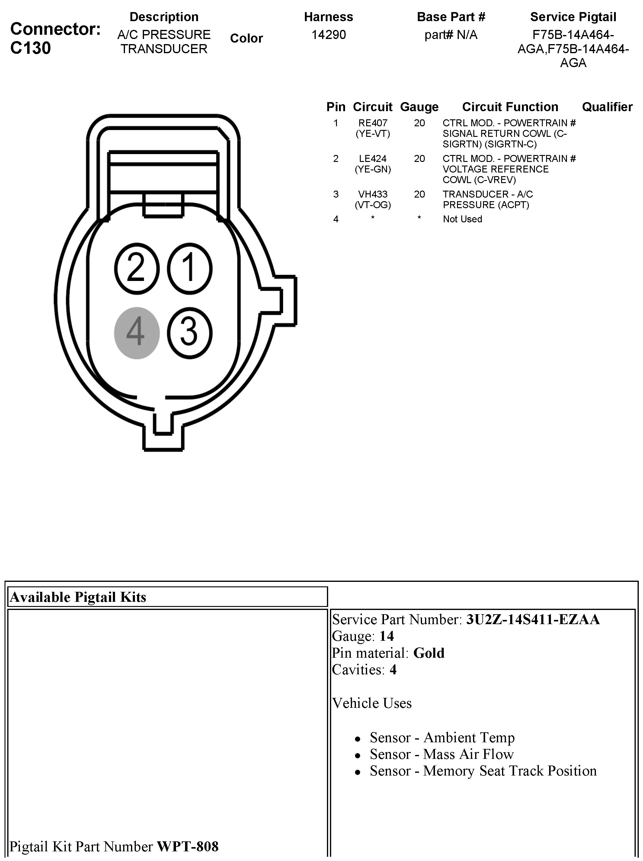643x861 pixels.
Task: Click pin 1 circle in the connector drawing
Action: (190, 269)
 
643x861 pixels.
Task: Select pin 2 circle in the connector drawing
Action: (136, 269)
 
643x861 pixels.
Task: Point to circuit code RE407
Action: (373, 123)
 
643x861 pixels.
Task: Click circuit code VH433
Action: (373, 194)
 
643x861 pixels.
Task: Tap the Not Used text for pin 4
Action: (462, 219)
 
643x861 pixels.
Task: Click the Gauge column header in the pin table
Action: (419, 107)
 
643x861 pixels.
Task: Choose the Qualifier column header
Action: (607, 107)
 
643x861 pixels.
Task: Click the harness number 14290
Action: (329, 35)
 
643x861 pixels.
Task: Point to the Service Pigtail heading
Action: (573, 17)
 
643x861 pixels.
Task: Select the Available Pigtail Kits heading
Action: (78, 597)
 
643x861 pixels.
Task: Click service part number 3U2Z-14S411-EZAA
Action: (533, 619)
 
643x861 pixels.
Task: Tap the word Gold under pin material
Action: (429, 653)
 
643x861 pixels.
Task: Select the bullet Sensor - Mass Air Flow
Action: (442, 754)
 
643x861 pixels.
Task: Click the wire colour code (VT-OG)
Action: (373, 205)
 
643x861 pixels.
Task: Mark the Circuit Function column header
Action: (510, 107)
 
